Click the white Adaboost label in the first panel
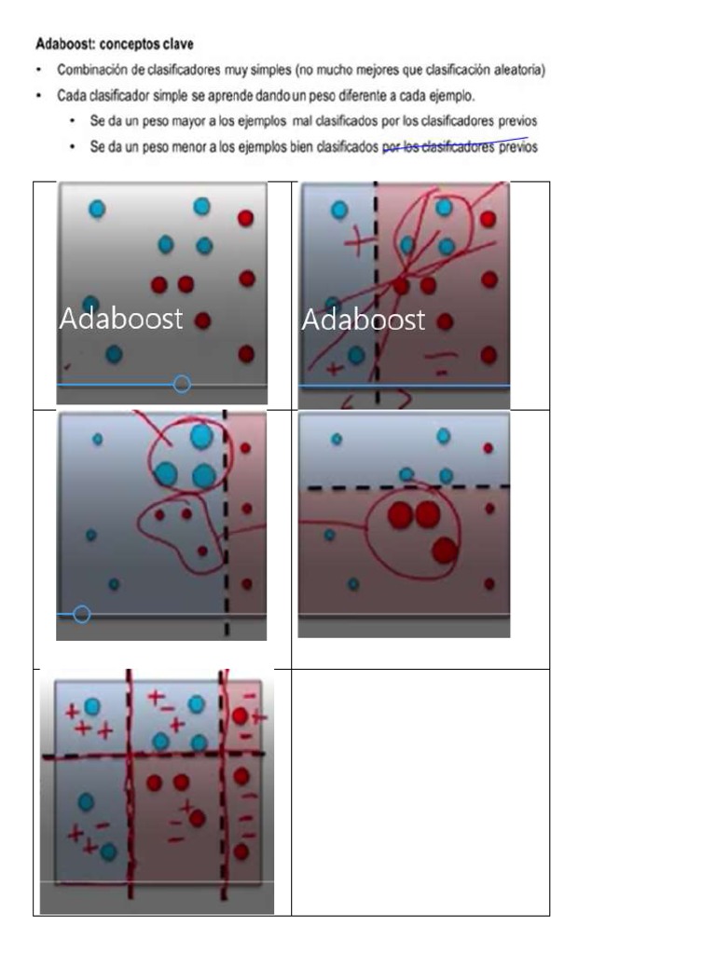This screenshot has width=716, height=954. click(x=120, y=319)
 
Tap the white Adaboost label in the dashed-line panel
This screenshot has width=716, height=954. click(x=363, y=320)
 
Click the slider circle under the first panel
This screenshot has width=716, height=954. click(x=182, y=384)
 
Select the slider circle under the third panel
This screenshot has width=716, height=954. click(x=82, y=615)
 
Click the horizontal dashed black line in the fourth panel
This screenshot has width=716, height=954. click(x=408, y=487)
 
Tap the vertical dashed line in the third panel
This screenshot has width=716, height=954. click(x=226, y=524)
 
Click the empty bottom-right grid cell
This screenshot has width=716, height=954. click(x=420, y=792)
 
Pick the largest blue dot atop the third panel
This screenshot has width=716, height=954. click(x=201, y=436)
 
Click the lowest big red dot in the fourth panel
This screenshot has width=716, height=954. click(x=445, y=550)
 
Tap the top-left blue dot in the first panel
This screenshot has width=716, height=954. click(x=97, y=209)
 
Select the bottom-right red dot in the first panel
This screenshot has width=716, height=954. click(x=246, y=353)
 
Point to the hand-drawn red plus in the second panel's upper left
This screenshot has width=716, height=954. click(x=358, y=242)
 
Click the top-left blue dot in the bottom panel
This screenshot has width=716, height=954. click(x=92, y=706)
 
